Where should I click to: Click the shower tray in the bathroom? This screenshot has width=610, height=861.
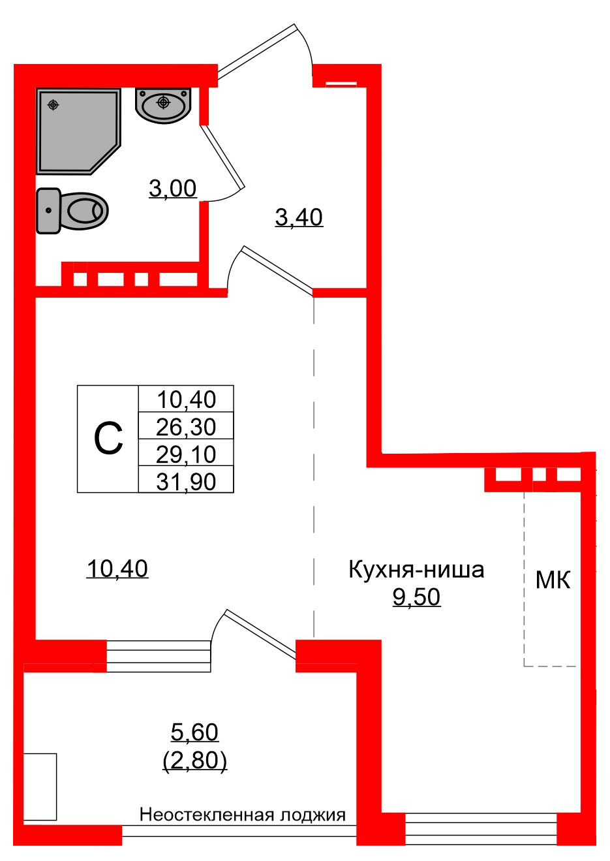[x=75, y=131]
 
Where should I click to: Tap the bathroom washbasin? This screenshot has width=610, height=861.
[x=163, y=104]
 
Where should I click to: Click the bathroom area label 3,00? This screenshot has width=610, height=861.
[x=173, y=189]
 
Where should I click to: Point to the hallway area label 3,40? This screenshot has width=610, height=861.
[x=299, y=217]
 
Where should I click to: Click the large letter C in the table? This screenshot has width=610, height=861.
[x=108, y=439]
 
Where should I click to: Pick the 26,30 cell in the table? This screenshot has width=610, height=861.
[x=186, y=426]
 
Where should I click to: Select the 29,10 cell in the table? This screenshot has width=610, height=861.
[x=186, y=454]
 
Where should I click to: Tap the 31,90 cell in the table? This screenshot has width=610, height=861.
[x=186, y=481]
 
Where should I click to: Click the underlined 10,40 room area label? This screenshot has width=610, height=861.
[x=117, y=569]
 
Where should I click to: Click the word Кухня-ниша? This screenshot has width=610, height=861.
[x=416, y=569]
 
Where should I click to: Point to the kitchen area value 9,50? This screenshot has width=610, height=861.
[x=416, y=597]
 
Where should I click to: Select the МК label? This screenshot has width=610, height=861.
[x=553, y=580]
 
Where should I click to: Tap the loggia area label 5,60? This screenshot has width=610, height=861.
[x=194, y=732]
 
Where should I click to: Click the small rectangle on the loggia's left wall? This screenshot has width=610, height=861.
[x=40, y=787]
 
